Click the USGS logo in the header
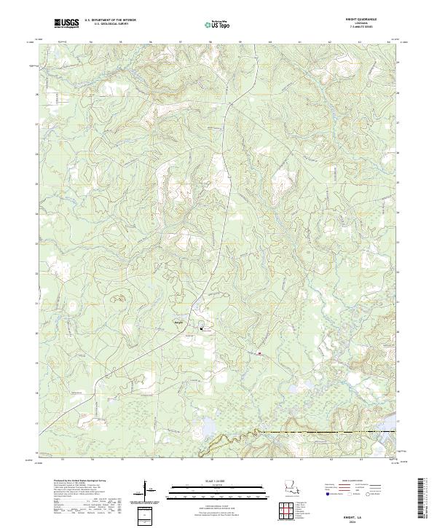67,24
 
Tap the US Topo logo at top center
215,24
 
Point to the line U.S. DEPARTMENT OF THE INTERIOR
110,20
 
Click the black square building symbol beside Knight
202,329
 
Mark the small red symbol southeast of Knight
259,354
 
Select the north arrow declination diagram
149,491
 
